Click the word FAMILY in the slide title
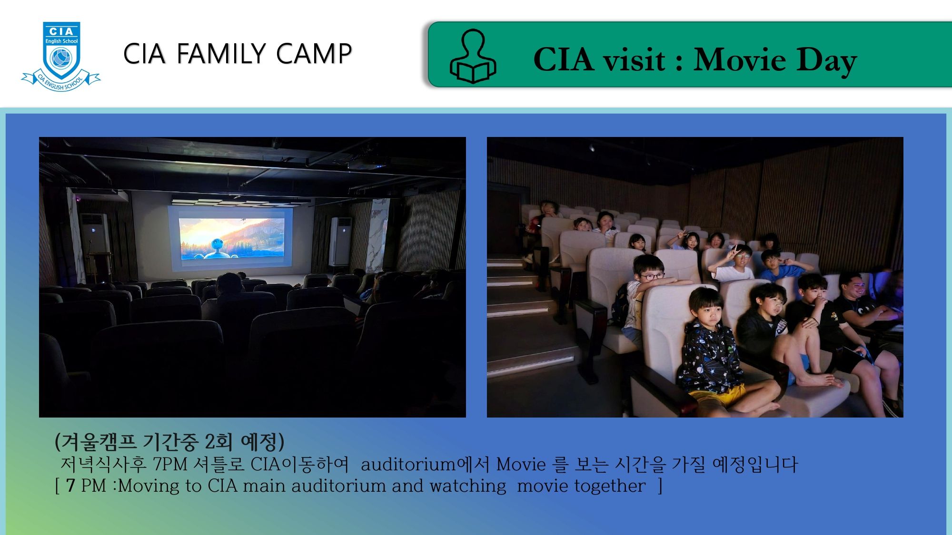coord(221,53)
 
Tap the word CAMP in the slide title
coord(314,53)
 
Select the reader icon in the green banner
coord(473,56)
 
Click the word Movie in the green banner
coord(739,60)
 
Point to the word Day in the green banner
coord(827,62)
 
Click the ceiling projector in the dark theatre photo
coord(367,163)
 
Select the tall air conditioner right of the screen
coord(340,241)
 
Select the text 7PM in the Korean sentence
coord(170,464)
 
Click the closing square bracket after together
coord(660,486)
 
